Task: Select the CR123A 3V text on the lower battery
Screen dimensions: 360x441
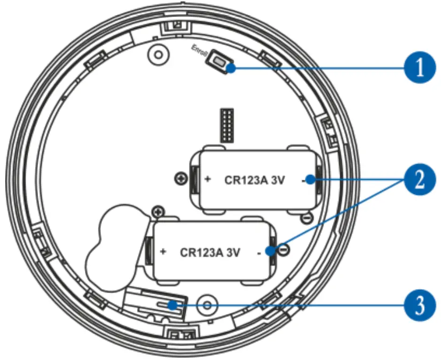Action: tap(210, 252)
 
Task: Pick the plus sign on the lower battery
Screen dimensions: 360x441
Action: tap(163, 252)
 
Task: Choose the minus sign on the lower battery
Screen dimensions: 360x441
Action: tap(259, 253)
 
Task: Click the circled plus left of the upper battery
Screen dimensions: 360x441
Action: tap(179, 178)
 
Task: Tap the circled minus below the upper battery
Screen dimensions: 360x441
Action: tap(305, 217)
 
